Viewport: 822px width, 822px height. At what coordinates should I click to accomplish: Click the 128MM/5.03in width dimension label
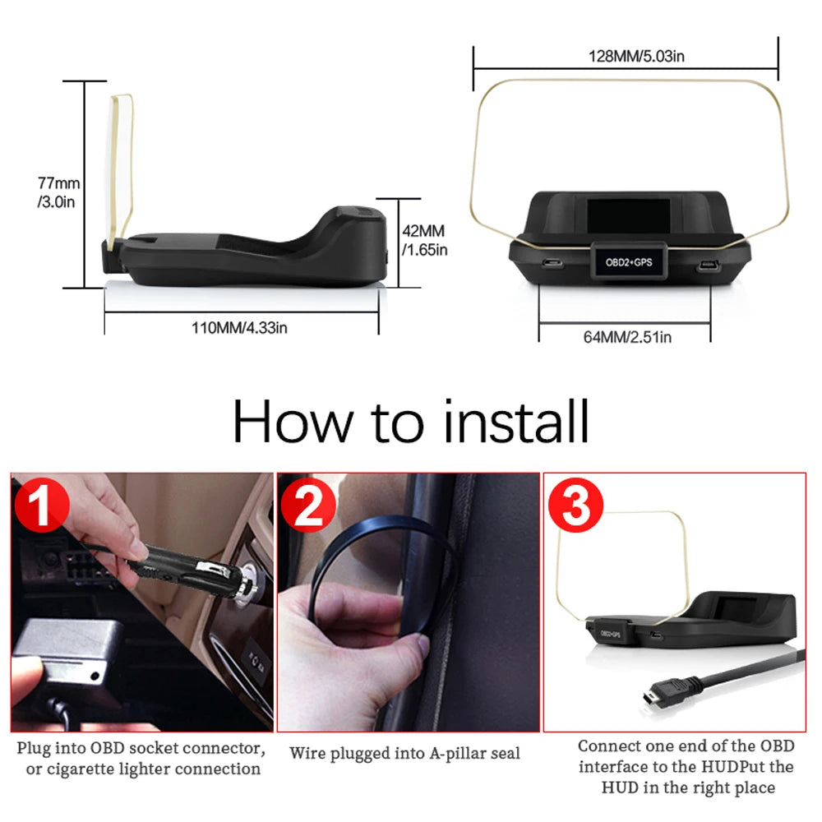point(626,55)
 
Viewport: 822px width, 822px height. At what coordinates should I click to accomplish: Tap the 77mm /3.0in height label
point(58,192)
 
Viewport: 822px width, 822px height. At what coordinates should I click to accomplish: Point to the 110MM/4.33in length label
point(239,327)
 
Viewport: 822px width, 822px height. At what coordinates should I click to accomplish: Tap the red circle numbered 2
point(309,508)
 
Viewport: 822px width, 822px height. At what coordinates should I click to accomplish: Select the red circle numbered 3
point(575,508)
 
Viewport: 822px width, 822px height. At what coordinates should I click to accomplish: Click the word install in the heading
point(516,422)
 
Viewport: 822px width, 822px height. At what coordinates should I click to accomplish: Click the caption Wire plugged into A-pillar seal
point(404,753)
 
